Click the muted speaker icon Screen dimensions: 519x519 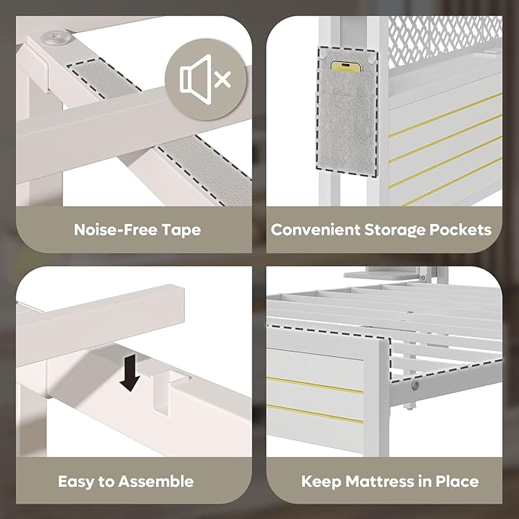pyautogui.click(x=205, y=79)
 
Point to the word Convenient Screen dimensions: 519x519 pyautogui.click(x=316, y=230)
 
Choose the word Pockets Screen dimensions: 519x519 pyautogui.click(x=460, y=230)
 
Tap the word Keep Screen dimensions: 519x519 pyautogui.click(x=321, y=482)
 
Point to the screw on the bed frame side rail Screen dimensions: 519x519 pyautogui.click(x=415, y=384)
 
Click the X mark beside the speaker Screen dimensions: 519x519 pyautogui.click(x=222, y=79)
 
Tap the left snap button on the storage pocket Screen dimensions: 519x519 pyautogui.click(x=323, y=54)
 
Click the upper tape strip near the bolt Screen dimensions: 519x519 pyautogui.click(x=104, y=79)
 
